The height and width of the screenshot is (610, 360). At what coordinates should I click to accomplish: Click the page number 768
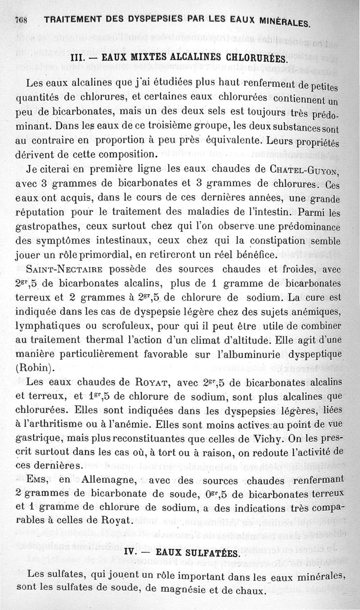[21, 19]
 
